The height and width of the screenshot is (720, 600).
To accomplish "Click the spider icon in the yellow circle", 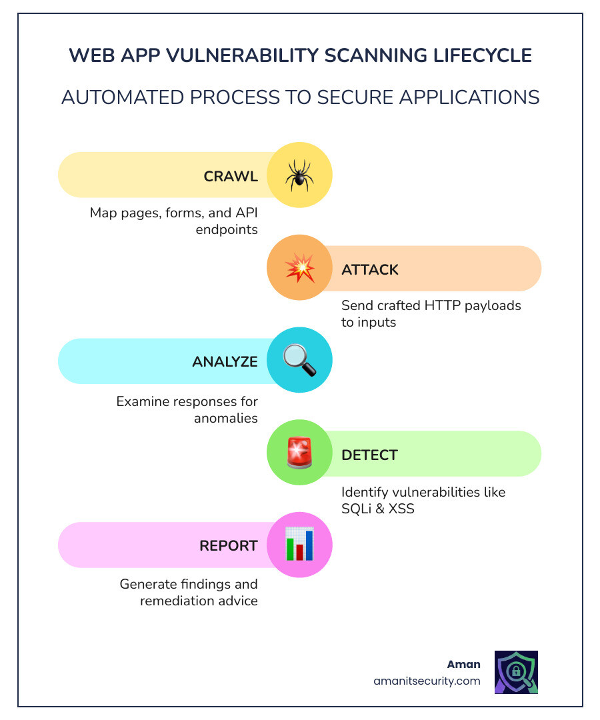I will pyautogui.click(x=299, y=175).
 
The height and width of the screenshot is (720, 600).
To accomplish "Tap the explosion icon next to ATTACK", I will pyautogui.click(x=299, y=269).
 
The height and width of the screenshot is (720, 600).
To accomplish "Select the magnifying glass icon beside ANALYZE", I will pyautogui.click(x=299, y=361).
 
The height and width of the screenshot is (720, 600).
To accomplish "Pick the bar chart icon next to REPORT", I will pyautogui.click(x=299, y=545).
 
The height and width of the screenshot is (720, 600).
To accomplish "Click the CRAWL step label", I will pyautogui.click(x=231, y=177).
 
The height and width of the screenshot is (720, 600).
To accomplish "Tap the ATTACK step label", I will pyautogui.click(x=370, y=269).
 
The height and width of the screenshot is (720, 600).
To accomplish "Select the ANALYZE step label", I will pyautogui.click(x=225, y=362).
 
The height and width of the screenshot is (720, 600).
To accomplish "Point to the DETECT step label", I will pyautogui.click(x=369, y=455).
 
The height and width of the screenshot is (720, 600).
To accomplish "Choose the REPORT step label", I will pyautogui.click(x=229, y=546).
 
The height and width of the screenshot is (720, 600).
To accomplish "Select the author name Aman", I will pyautogui.click(x=463, y=665).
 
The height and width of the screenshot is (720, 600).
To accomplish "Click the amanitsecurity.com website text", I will pyautogui.click(x=427, y=681).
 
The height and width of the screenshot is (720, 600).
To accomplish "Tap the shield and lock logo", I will pyautogui.click(x=516, y=673).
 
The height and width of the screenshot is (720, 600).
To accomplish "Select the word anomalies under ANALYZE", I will pyautogui.click(x=226, y=418).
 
